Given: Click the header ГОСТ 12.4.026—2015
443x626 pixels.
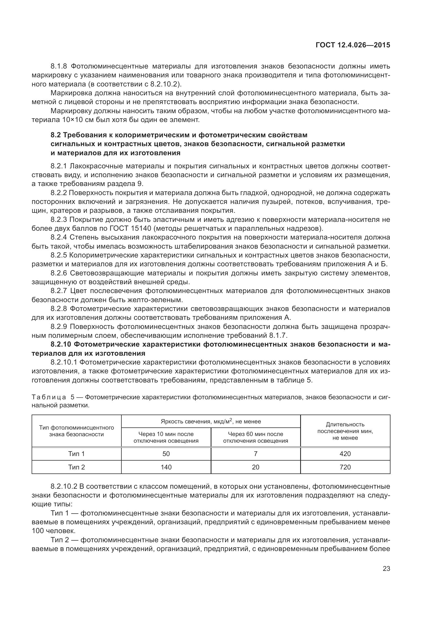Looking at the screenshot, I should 353,45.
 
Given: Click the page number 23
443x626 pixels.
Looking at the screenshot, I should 386,569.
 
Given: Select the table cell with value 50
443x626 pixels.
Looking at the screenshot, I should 166,454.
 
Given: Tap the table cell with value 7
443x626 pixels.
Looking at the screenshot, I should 255,454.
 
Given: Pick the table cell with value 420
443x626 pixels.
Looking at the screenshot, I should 345,454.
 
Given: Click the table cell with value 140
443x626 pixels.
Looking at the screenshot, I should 166,467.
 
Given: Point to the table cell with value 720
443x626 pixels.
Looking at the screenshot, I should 345,467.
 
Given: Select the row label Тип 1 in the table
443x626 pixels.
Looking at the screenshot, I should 76,454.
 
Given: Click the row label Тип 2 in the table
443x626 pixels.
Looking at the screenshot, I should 76,467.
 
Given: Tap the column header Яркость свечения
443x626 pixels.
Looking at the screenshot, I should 211,422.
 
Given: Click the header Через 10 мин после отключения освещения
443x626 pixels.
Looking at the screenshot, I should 166,437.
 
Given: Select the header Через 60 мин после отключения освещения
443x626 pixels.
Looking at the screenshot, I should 255,437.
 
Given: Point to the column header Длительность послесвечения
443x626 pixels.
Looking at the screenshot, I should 345,431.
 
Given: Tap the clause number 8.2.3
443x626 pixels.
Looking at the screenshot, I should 59,219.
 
